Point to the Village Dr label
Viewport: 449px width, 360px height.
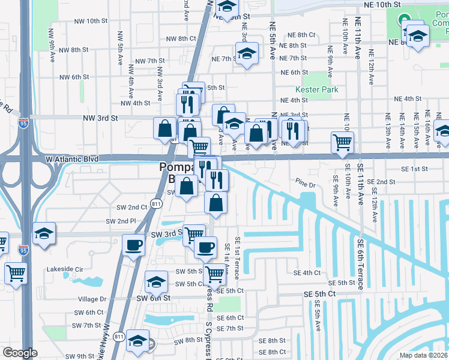[x=92, y=299]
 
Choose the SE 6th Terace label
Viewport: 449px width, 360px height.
[x=361, y=264]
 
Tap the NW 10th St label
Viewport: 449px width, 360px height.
[x=87, y=21]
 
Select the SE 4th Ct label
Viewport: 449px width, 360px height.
[x=307, y=273]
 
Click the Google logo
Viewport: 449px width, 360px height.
[x=19, y=353]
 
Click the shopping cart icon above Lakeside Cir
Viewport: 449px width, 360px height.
[x=16, y=273]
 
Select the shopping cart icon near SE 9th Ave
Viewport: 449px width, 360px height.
[x=342, y=143]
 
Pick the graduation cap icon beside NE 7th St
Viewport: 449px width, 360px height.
[x=247, y=53]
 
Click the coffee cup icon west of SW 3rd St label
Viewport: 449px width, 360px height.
[x=133, y=244]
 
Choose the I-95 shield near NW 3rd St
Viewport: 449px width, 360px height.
[x=23, y=124]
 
